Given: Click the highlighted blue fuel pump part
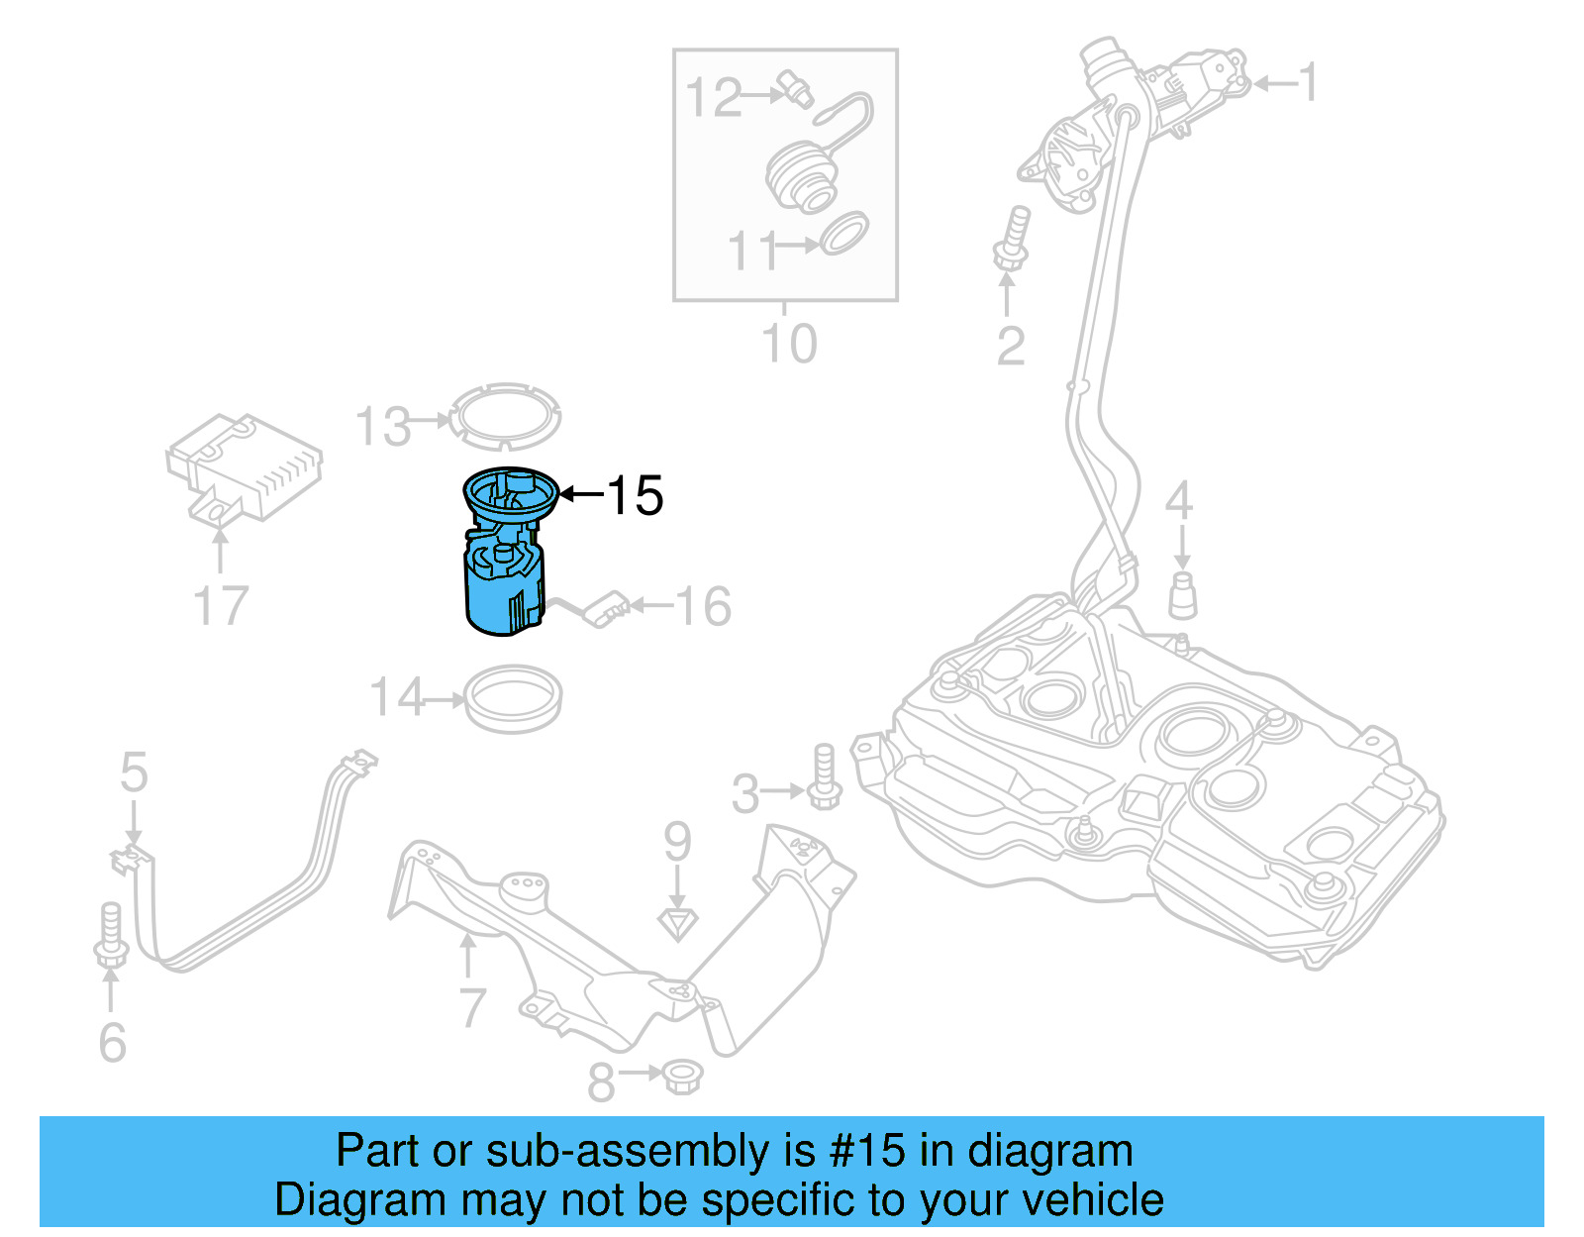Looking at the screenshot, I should pyautogui.click(x=503, y=584).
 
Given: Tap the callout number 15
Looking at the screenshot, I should pyautogui.click(x=635, y=495).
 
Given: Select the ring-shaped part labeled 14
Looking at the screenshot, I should pyautogui.click(x=513, y=699).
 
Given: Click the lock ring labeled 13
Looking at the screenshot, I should pyautogui.click(x=505, y=417).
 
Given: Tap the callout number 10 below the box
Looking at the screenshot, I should pyautogui.click(x=789, y=344).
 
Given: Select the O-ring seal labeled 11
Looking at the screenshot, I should pyautogui.click(x=844, y=233).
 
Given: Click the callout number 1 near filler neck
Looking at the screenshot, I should pyautogui.click(x=1309, y=82).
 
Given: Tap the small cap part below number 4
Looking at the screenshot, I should pyautogui.click(x=1182, y=595).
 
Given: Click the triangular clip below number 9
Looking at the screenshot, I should pyautogui.click(x=678, y=924).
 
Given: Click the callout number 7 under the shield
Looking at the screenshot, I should pyautogui.click(x=472, y=1007).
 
